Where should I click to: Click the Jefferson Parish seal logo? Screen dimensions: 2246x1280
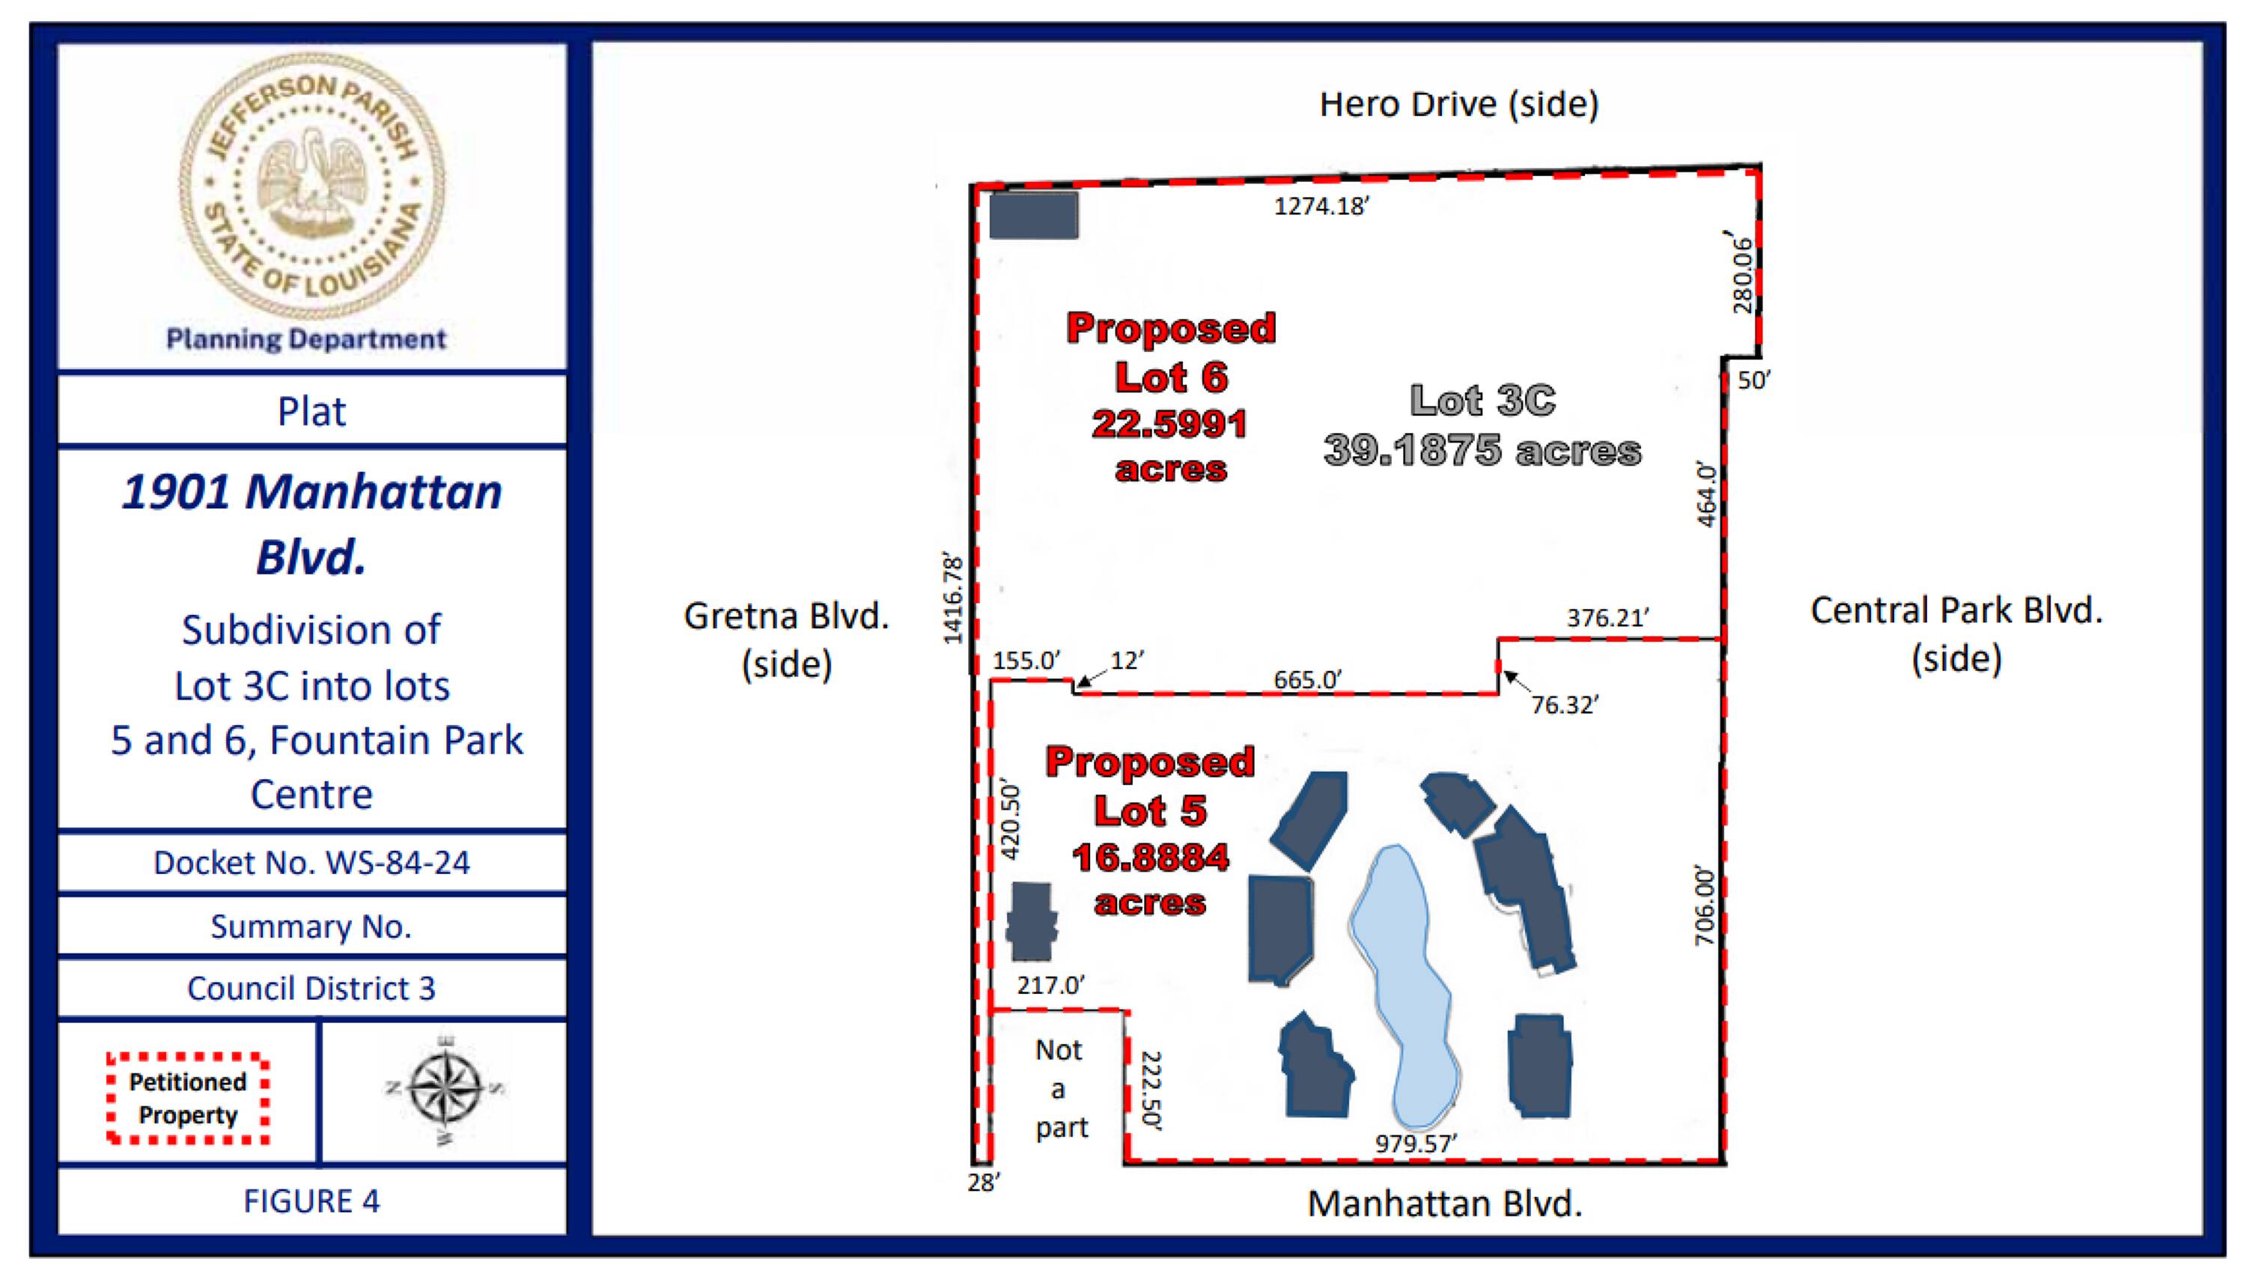[312, 186]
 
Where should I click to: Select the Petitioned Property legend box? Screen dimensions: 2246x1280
[187, 1098]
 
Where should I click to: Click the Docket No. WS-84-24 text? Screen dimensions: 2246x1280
[312, 862]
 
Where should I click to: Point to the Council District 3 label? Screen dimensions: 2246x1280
[312, 988]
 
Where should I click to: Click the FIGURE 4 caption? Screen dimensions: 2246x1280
[312, 1201]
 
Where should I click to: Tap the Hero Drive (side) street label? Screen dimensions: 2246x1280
[1458, 105]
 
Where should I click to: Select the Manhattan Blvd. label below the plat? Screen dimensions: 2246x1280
[1445, 1204]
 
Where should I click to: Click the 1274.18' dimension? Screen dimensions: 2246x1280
[1321, 206]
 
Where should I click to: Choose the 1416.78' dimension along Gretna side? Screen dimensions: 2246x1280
[953, 598]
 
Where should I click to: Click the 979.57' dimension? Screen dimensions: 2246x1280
[1416, 1143]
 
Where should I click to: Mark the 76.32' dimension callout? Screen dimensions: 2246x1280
[1564, 705]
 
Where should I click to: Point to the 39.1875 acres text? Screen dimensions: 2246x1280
[1482, 451]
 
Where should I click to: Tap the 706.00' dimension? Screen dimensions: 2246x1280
[1704, 906]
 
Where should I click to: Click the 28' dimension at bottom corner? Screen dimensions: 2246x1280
[983, 1183]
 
